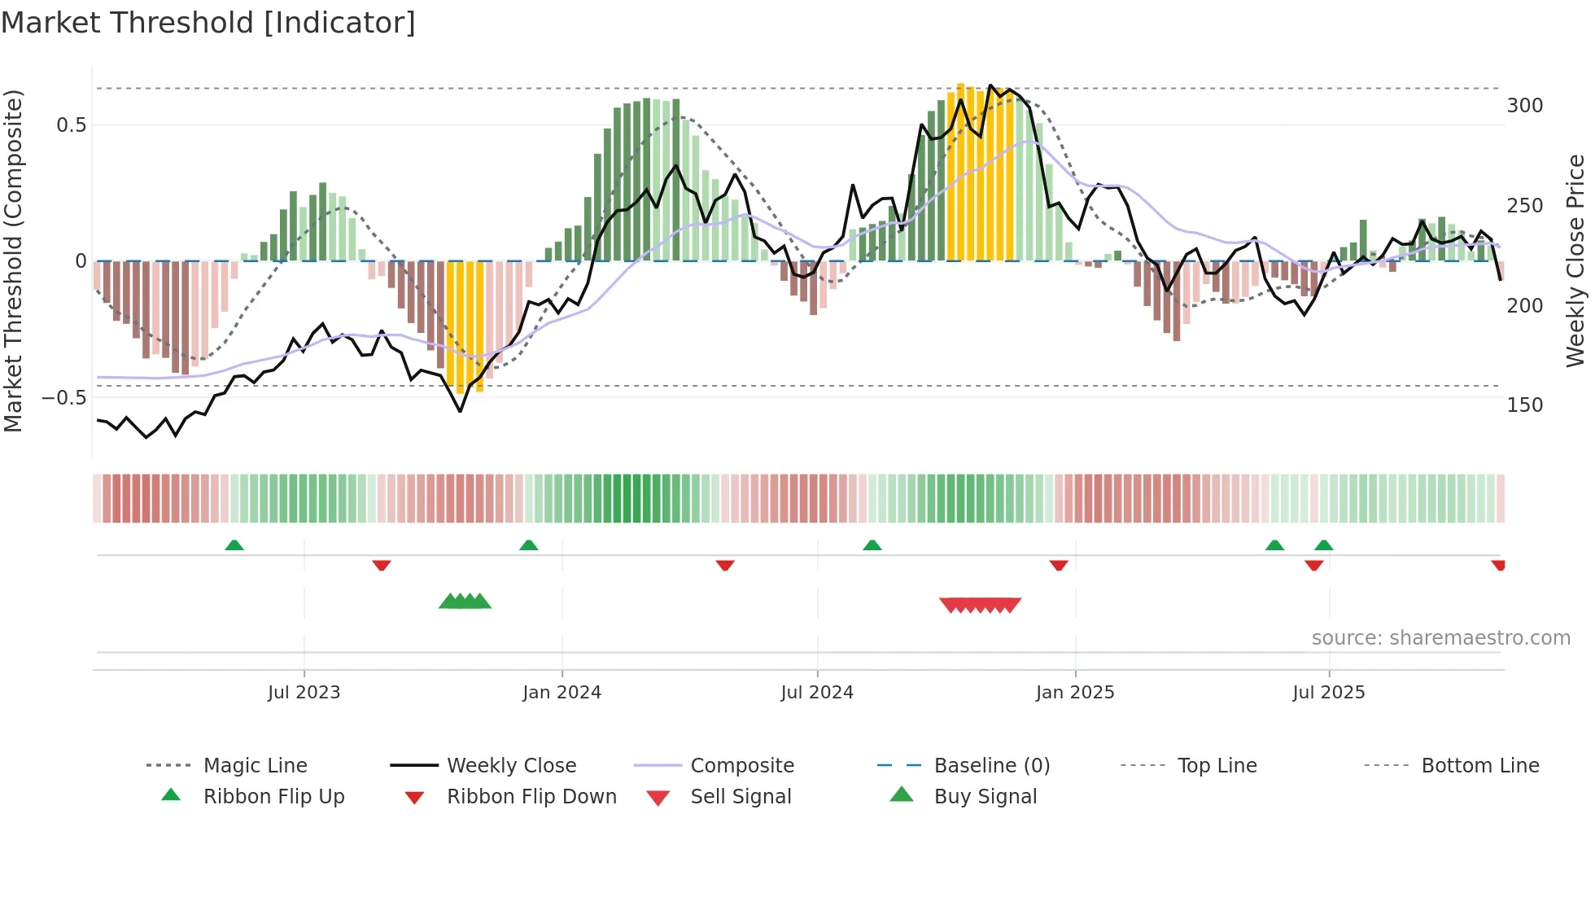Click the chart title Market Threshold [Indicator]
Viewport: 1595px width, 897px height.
208,23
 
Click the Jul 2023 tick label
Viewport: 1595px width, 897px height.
304,693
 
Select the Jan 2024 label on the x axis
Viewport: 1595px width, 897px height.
562,693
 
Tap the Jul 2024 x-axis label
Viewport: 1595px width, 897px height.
817,693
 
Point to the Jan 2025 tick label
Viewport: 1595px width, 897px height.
1075,693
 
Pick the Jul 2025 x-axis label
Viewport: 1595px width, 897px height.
1329,693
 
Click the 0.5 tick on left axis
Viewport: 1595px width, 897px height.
71,125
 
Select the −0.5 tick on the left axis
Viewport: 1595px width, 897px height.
64,398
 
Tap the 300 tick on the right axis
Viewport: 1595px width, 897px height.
1525,106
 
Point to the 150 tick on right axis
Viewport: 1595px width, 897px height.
1525,405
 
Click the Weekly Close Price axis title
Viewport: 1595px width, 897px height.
1575,260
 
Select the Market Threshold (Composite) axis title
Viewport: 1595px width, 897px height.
13,260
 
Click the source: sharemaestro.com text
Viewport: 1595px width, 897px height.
1440,638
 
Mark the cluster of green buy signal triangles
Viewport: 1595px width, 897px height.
465,602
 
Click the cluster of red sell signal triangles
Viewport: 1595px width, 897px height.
980,605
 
